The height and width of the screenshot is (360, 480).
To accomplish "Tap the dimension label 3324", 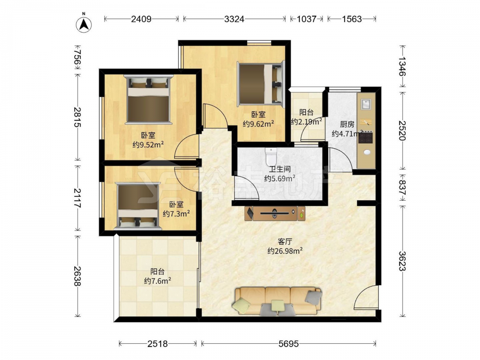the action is click(234, 19).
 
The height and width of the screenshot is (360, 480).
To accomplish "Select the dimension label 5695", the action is click(288, 344).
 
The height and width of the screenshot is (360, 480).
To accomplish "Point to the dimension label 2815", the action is click(77, 117).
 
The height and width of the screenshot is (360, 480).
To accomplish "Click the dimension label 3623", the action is click(402, 261).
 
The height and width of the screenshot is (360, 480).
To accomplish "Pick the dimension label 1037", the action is click(306, 19).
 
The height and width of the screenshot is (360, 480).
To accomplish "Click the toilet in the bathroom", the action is click(271, 156).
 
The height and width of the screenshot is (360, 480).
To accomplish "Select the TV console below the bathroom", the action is click(275, 213).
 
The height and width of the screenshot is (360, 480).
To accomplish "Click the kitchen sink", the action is click(366, 104).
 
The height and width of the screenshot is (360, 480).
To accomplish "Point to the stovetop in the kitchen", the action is click(365, 138).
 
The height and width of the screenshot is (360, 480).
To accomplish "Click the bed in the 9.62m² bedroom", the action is click(261, 83).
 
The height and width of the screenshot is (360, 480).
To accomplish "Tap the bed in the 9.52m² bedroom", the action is click(148, 99).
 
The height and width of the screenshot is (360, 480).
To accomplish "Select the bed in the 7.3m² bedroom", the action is click(138, 206).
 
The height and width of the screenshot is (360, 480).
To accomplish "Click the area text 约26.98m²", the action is click(285, 251).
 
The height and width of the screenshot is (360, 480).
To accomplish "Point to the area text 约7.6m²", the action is click(157, 281).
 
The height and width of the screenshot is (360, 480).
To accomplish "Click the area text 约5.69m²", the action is click(279, 178).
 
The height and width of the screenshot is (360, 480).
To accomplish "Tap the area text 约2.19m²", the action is click(306, 121).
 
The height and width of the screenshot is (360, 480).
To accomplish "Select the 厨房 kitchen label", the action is click(348, 124).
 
